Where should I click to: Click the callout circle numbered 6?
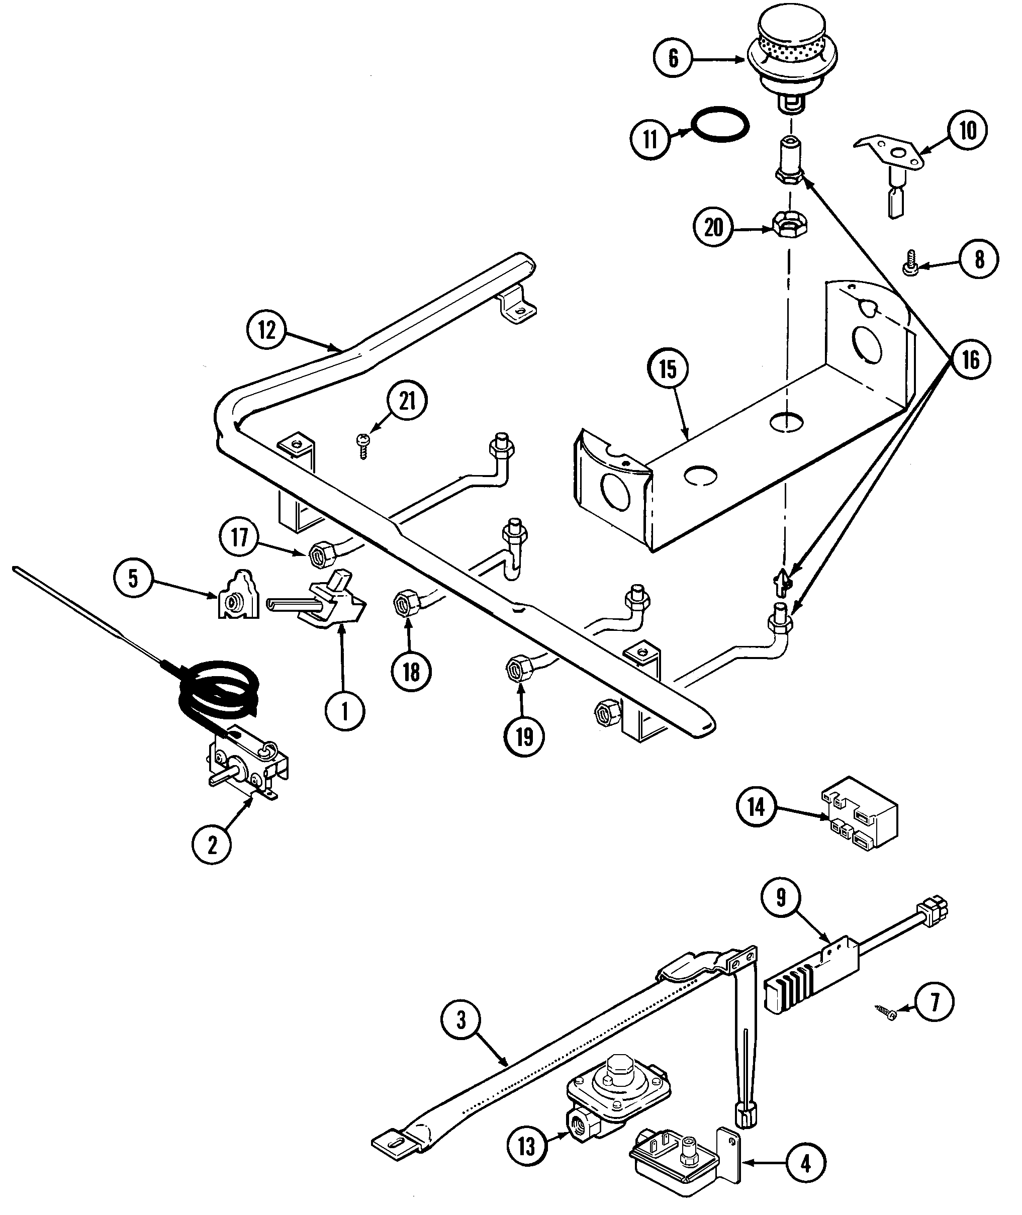[x=673, y=58]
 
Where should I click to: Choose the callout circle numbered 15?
[x=668, y=369]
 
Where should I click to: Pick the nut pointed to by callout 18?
[x=404, y=604]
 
